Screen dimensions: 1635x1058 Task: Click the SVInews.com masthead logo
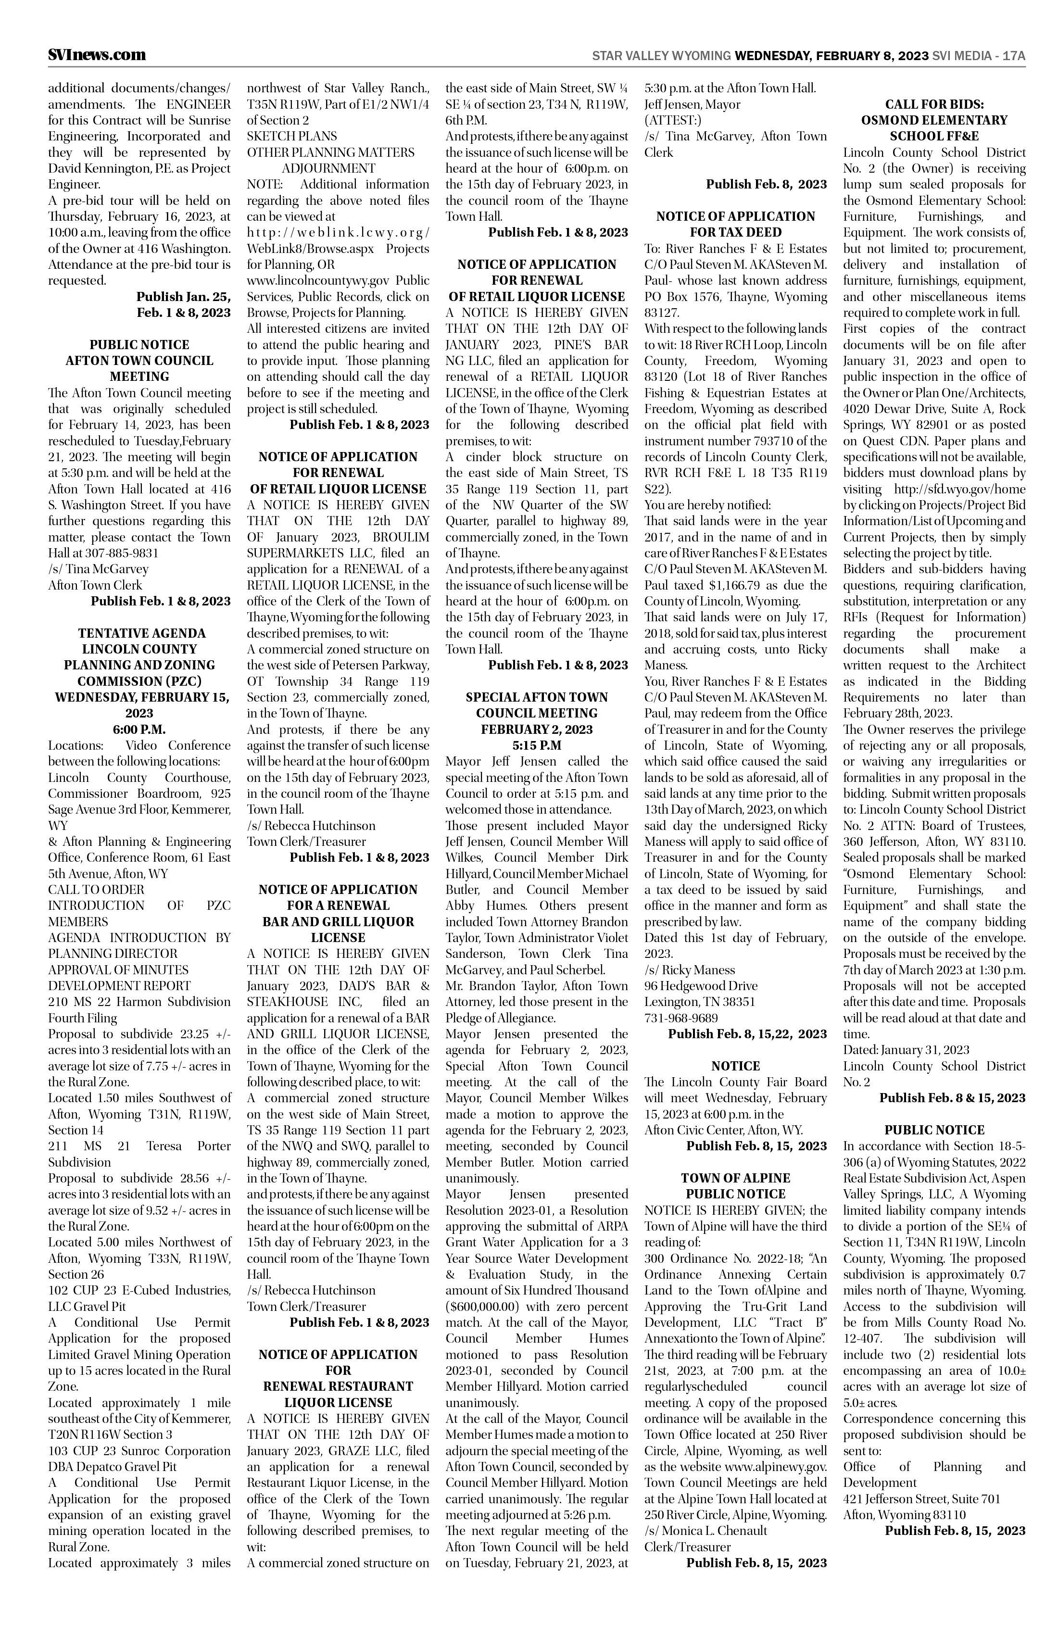coord(97,55)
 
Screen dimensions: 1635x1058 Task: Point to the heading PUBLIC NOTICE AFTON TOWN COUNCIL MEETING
coord(139,361)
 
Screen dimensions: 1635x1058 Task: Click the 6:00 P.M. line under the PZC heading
coord(139,729)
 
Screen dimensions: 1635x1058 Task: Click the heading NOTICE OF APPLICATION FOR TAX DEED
coord(735,224)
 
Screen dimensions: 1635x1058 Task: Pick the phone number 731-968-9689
coord(681,1018)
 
